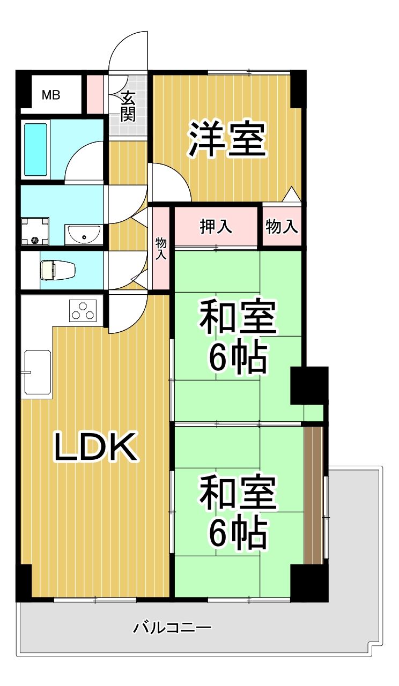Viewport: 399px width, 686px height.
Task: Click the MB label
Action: [51, 96]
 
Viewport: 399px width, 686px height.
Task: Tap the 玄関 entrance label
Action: [128, 106]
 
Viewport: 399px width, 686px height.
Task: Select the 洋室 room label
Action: [227, 139]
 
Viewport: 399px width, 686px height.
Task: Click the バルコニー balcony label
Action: [172, 627]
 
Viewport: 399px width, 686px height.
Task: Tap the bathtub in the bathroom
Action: [36, 150]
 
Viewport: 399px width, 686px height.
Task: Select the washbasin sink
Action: [83, 234]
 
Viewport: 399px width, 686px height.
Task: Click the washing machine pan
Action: [35, 231]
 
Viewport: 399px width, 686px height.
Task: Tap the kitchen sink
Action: [37, 372]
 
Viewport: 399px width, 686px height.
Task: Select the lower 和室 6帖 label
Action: [238, 512]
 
